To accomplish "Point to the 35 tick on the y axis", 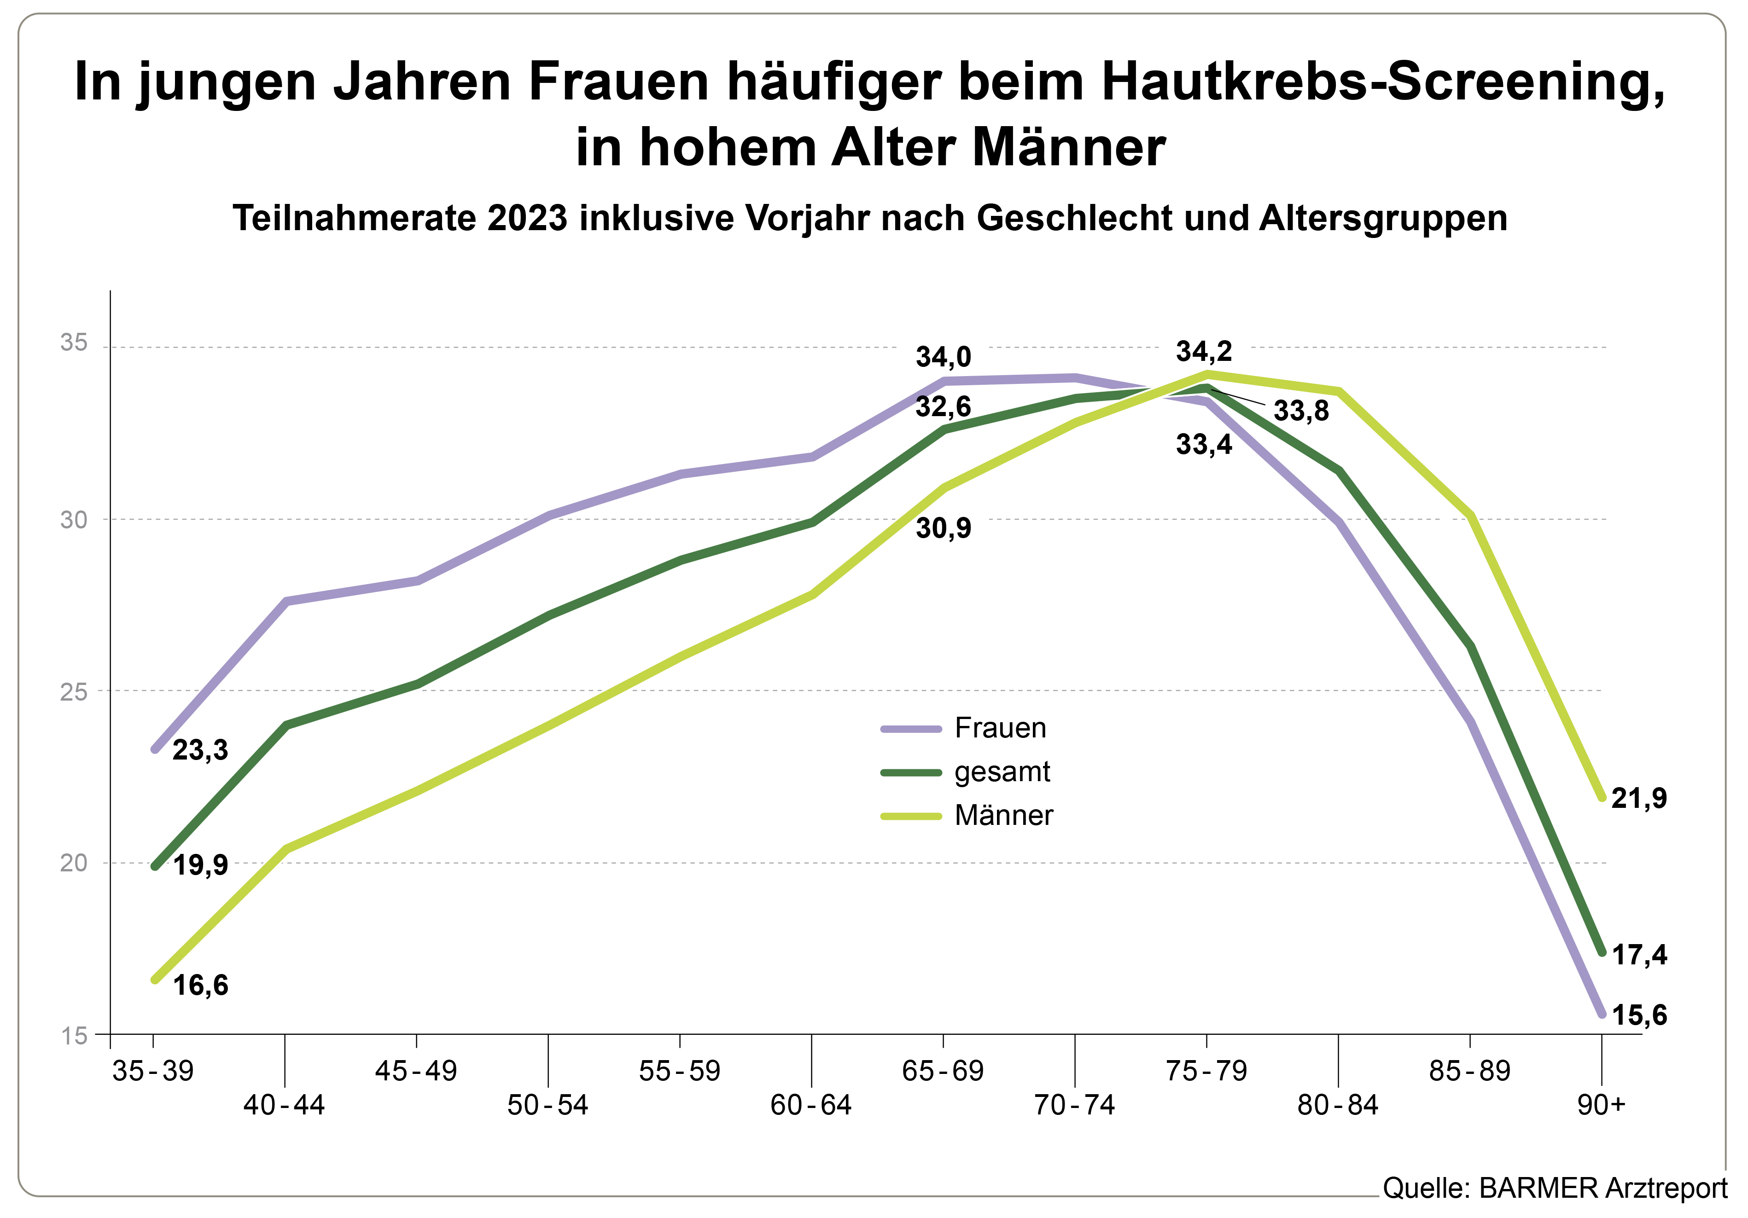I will (74, 342).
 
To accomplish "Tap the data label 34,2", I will (1204, 351).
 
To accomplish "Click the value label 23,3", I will (200, 750).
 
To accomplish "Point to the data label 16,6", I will (200, 985).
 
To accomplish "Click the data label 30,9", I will (943, 528).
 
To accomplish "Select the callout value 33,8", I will (1301, 411).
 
